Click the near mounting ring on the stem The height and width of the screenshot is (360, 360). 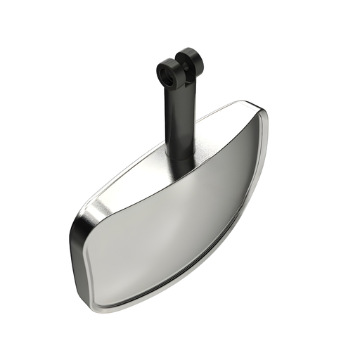[x=167, y=70]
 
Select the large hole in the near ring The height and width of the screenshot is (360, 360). [x=167, y=71]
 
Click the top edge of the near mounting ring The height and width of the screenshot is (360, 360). [x=167, y=60]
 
